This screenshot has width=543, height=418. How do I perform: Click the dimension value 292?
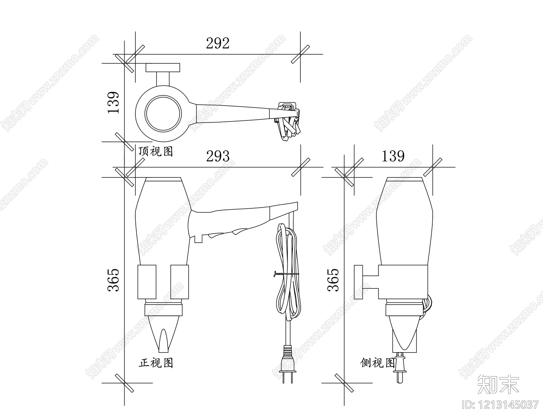[x=218, y=43]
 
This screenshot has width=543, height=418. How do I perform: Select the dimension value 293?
[x=218, y=156]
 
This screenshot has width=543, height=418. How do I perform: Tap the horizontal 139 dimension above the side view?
[x=393, y=156]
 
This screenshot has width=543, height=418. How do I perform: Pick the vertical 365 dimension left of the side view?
[x=333, y=280]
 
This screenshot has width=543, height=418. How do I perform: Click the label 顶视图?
[x=156, y=151]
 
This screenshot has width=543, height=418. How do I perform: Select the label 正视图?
[x=156, y=363]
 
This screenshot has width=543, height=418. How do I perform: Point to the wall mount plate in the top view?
[x=163, y=68]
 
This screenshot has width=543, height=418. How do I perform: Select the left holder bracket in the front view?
[x=147, y=282]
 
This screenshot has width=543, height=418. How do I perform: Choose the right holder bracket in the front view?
[x=179, y=282]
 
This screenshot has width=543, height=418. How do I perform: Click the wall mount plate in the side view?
[x=358, y=282]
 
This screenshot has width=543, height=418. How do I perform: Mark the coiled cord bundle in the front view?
[x=288, y=271]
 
